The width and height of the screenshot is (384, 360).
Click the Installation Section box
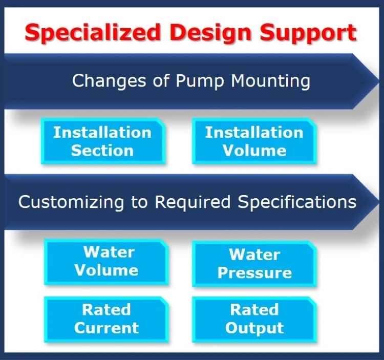click(102, 141)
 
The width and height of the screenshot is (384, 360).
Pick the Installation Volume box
click(254, 141)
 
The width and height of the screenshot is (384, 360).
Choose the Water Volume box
click(106, 261)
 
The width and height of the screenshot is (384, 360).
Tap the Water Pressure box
click(254, 263)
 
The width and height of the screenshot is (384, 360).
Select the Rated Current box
click(106, 319)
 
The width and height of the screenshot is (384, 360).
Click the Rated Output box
click(254, 319)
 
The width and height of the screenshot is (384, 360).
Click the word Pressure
click(254, 272)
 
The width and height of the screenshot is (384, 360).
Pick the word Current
click(106, 328)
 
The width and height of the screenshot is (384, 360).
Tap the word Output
click(254, 328)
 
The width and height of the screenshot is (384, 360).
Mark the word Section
click(102, 151)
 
